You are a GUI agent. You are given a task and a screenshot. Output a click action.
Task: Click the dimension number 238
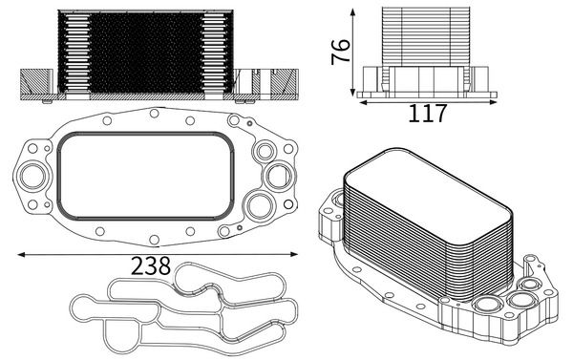152,266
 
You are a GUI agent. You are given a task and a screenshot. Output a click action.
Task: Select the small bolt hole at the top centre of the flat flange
153,113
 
